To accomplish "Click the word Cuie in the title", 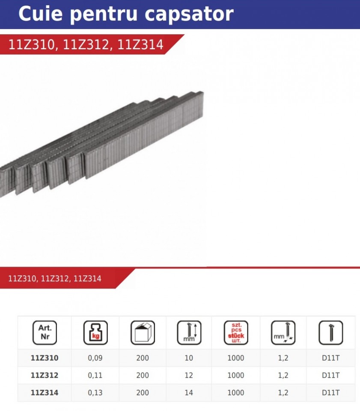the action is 41,13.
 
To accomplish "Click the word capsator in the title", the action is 189,15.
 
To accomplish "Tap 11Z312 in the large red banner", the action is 86,44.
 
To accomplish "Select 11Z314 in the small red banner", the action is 87,278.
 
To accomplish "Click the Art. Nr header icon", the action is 45,333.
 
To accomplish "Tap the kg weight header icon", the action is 95,333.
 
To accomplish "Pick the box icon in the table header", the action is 143,333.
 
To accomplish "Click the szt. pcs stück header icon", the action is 236,333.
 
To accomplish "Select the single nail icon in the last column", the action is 330,333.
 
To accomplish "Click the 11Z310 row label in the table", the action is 45,358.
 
